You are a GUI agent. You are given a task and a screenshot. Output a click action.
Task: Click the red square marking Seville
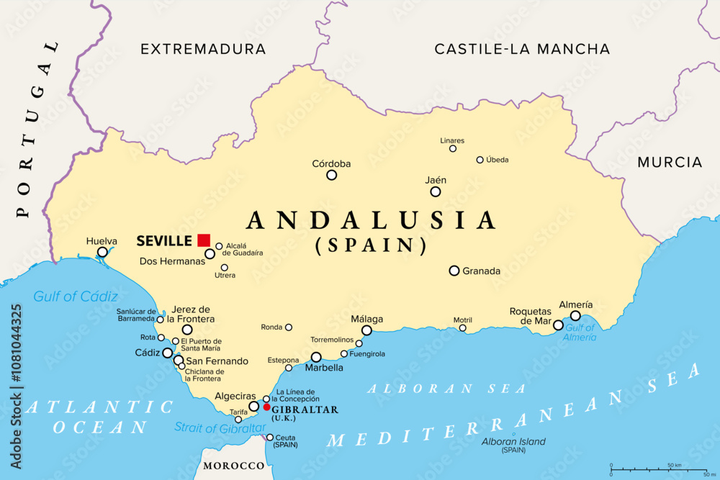point(204,240)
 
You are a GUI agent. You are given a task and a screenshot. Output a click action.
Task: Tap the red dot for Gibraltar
point(266,407)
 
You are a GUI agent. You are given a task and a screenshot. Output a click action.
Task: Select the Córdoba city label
point(331,163)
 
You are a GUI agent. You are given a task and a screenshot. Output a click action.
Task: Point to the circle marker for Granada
point(454,271)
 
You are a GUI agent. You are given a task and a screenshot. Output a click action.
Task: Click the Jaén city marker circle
point(436,191)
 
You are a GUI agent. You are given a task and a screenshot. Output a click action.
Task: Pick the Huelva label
point(101,241)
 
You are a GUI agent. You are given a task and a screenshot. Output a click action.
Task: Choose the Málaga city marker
point(366,330)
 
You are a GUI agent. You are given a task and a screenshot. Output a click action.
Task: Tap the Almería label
point(575,304)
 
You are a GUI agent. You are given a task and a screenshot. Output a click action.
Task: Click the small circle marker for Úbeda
point(480,160)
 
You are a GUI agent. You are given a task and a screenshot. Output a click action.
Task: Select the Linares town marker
point(453,149)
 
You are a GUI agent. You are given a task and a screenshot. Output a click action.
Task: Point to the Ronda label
point(271,327)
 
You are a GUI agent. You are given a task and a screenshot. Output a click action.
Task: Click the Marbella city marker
point(316,357)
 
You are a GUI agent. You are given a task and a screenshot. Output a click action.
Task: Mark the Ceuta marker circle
point(270,437)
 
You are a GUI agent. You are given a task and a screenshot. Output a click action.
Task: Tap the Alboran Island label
point(513,441)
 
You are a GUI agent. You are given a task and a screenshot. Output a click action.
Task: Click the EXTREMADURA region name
point(203,49)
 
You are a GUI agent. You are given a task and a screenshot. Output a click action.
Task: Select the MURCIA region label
point(670,163)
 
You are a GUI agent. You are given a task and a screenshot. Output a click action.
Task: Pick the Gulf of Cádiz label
point(76,296)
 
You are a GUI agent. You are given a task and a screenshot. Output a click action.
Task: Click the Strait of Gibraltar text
point(220,428)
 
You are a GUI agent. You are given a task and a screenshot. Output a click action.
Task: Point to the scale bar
point(658,470)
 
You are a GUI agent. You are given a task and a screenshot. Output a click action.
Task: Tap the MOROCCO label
point(233,466)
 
